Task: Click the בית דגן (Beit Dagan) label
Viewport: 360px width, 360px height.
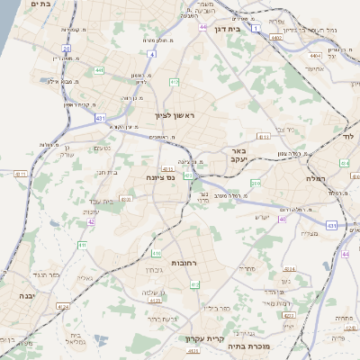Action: coord(230,28)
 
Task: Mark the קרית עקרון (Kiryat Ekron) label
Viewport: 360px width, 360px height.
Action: coord(204,338)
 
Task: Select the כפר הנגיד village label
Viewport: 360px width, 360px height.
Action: coord(39,274)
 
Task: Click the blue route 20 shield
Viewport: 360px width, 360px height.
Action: coord(66,48)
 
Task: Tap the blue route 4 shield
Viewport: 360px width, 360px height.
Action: coord(151,54)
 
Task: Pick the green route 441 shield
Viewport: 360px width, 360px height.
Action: coord(98,69)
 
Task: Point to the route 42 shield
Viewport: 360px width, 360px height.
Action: coord(91,221)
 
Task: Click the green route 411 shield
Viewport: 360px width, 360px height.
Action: coord(81,244)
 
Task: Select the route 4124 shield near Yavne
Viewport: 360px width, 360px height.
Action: coord(63,306)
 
